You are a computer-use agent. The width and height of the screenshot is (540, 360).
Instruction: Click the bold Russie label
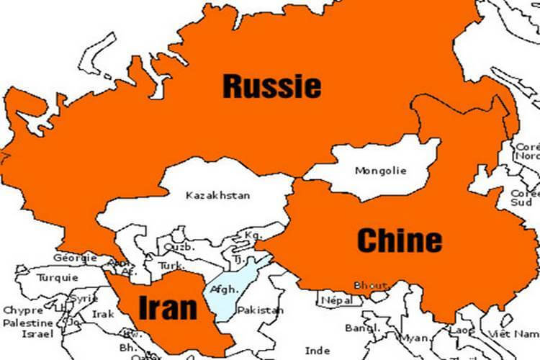point(271,86)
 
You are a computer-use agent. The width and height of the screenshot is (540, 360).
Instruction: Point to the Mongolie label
point(381,171)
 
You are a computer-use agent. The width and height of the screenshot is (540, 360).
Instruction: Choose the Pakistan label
point(261,310)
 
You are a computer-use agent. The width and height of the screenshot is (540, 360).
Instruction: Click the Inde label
point(318,351)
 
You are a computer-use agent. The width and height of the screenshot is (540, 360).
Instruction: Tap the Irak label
point(103,315)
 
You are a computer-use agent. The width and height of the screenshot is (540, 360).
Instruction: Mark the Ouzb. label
point(180,246)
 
